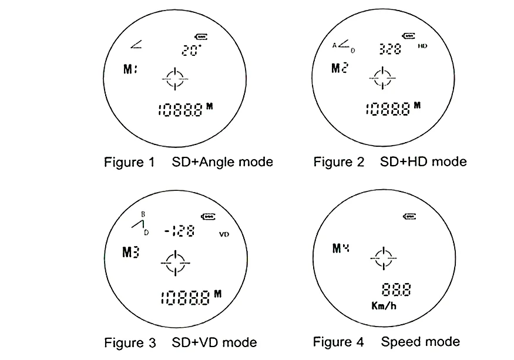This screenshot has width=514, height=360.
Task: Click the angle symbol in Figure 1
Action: pyautogui.click(x=136, y=43)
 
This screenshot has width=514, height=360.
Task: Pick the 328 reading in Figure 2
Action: pyautogui.click(x=390, y=49)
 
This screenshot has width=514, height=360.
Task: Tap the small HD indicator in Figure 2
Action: pyautogui.click(x=422, y=45)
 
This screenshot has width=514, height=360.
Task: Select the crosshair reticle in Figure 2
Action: pyautogui.click(x=382, y=78)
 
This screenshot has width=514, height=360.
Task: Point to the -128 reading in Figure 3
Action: pyautogui.click(x=180, y=231)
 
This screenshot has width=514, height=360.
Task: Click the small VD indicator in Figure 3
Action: pyautogui.click(x=224, y=234)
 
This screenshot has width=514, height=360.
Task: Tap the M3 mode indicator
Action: pyautogui.click(x=130, y=253)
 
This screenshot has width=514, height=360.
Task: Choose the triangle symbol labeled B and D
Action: pyautogui.click(x=139, y=224)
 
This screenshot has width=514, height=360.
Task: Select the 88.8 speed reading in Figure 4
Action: pyautogui.click(x=396, y=290)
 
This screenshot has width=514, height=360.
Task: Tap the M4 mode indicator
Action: pyautogui.click(x=341, y=248)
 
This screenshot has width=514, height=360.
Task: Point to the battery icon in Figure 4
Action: pyautogui.click(x=411, y=217)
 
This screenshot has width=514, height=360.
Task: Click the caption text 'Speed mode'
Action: pyautogui.click(x=420, y=341)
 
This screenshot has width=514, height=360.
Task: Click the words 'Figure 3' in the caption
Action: pyautogui.click(x=130, y=342)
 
